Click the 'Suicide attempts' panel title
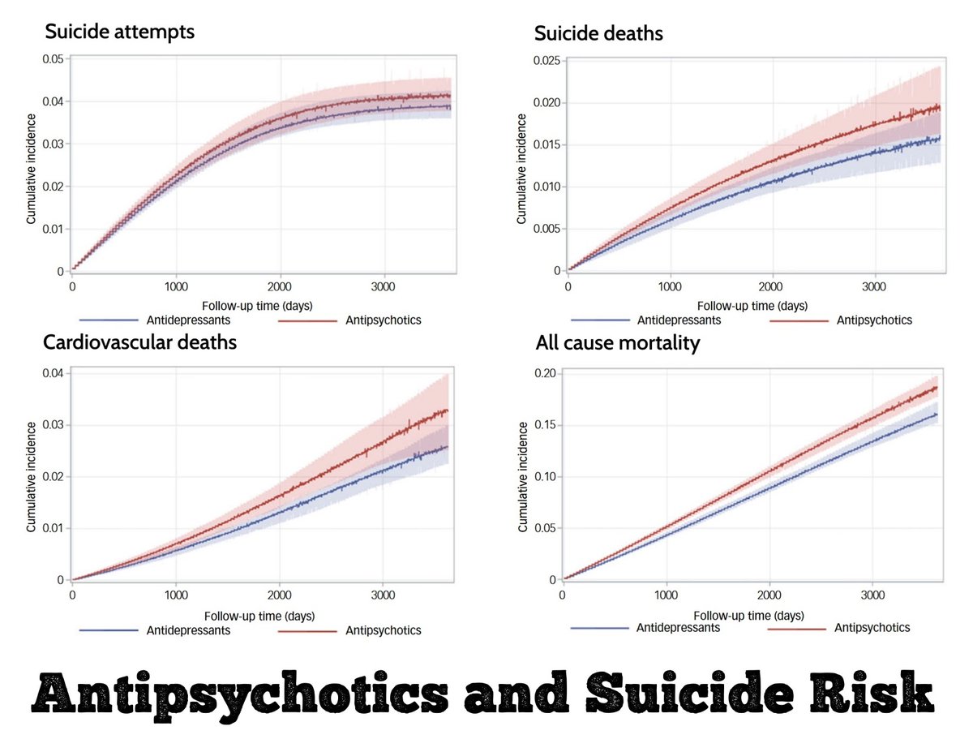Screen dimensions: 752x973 [x=119, y=32]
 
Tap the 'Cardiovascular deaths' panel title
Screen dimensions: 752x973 [x=139, y=342]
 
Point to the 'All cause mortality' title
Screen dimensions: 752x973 [x=618, y=343]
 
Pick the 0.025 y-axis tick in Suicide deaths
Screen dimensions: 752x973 [x=546, y=61]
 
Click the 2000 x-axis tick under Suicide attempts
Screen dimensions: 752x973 [x=280, y=286]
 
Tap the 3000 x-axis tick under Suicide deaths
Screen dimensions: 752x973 [x=873, y=286]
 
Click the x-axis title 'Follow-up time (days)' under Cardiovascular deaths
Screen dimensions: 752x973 [x=259, y=615]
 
